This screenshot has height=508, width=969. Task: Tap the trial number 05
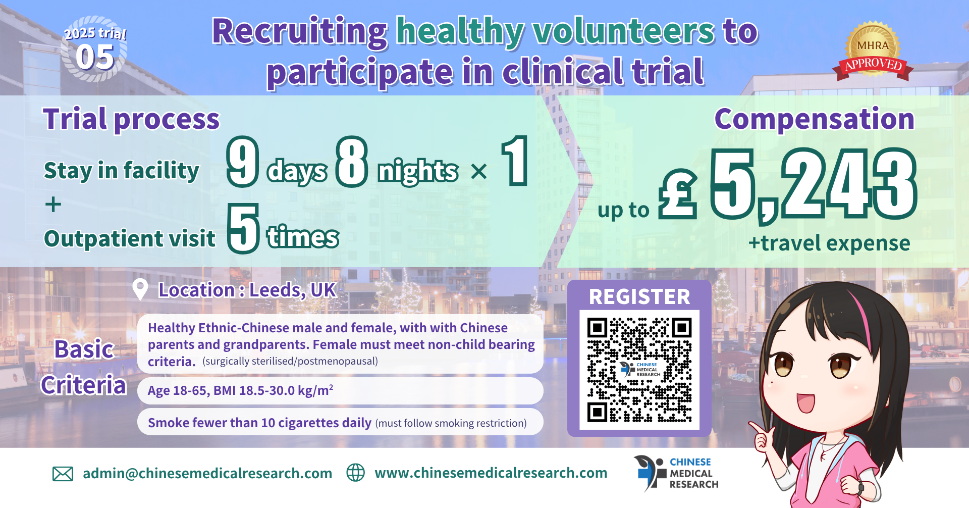(x=95, y=57)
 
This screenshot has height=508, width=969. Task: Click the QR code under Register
(x=639, y=370)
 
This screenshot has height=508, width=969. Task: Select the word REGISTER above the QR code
(x=639, y=296)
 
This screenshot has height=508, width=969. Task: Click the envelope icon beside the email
(x=63, y=474)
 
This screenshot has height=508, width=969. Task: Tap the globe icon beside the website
(x=355, y=473)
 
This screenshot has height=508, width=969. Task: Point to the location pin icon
(x=140, y=289)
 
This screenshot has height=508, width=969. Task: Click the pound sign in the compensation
(x=678, y=193)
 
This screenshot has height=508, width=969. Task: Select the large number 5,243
(x=814, y=185)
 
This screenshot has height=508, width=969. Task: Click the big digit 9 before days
(x=243, y=161)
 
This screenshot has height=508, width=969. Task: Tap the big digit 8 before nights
(x=352, y=161)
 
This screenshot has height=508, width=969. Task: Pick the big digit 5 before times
(x=243, y=228)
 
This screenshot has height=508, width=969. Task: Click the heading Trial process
(x=131, y=119)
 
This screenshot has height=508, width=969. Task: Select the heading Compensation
(x=814, y=119)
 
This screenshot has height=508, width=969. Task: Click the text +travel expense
(x=829, y=243)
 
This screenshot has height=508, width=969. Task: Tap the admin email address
(x=207, y=473)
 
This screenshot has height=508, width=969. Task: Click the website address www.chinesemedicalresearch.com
(x=491, y=473)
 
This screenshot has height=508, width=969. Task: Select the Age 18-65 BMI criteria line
(x=240, y=390)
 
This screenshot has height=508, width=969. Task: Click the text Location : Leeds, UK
(x=247, y=290)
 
